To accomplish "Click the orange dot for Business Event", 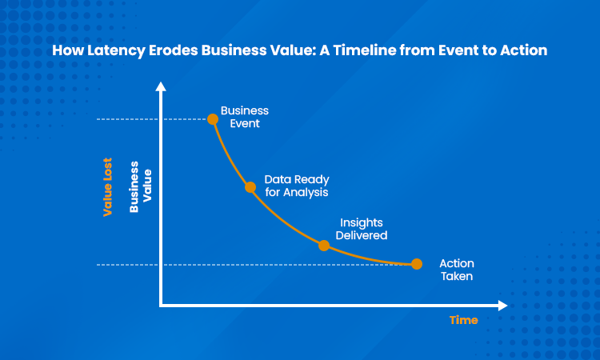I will tap(213, 119).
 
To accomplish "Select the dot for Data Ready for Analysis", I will tap(250, 187).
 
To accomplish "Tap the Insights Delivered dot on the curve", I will tap(324, 245).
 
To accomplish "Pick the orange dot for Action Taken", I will tap(416, 264).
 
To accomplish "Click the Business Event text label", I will tap(245, 116).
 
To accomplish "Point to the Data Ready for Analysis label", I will tap(297, 186).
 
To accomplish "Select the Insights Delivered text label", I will tap(362, 229).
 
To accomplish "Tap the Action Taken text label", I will tap(457, 270).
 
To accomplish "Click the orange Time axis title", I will tap(463, 320).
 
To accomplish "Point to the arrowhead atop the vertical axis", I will tap(162, 86).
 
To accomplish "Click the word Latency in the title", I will tap(110, 50).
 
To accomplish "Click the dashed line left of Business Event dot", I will tap(152, 119).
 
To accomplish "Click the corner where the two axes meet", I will tap(162, 305).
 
